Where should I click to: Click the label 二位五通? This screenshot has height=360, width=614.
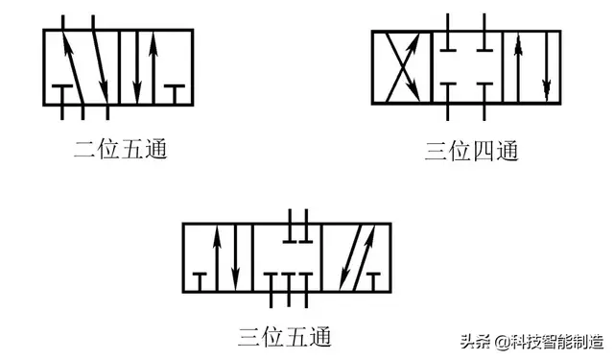(119, 151)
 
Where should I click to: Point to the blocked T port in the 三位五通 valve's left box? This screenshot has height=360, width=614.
(200, 277)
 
